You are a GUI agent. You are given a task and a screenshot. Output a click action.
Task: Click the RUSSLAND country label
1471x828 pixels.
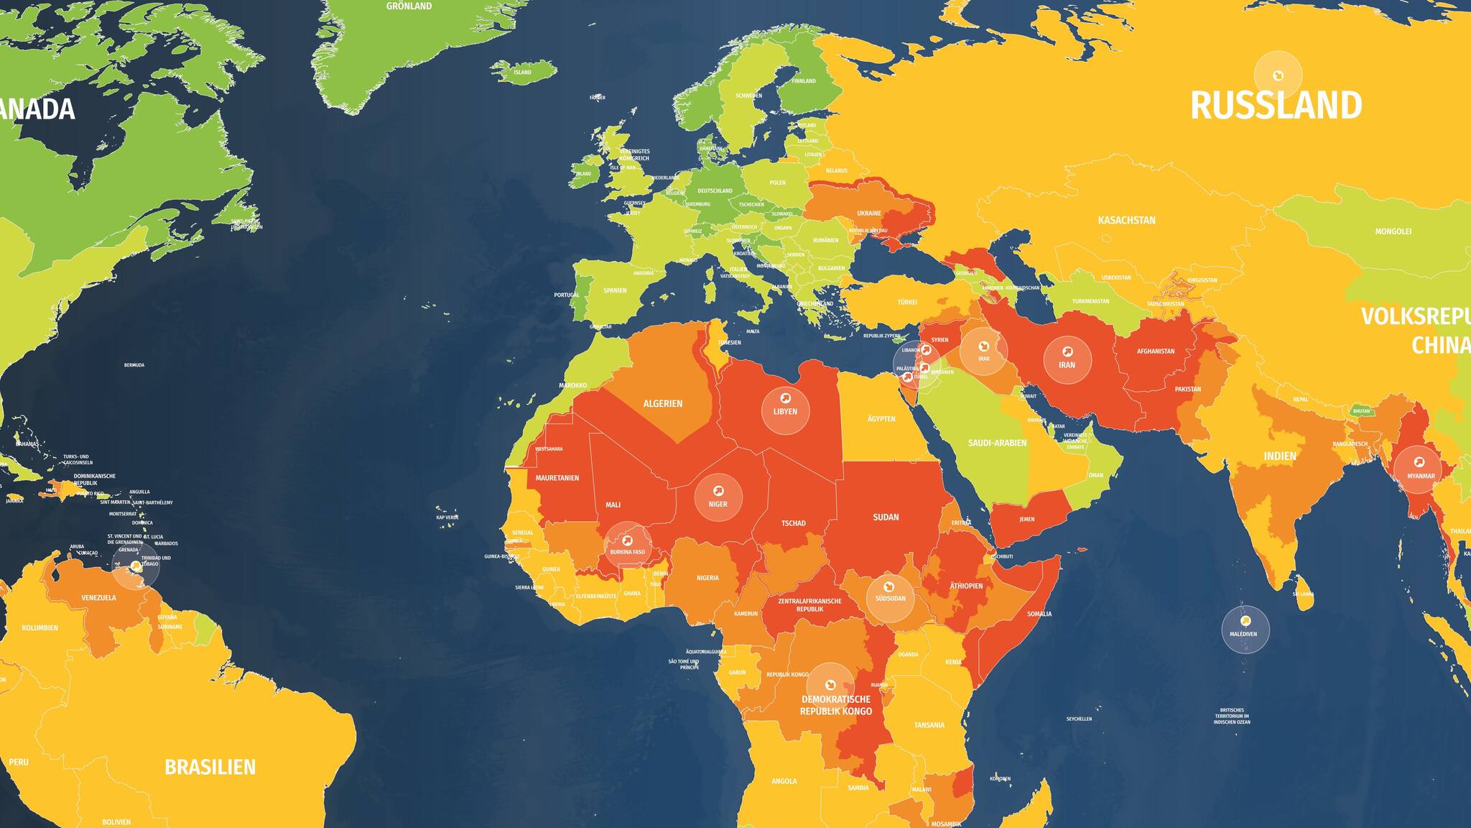pos(1276,106)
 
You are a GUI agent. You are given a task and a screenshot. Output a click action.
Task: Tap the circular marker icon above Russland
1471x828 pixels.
pos(1278,75)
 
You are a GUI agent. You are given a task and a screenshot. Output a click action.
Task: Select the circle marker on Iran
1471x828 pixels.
pos(1067,357)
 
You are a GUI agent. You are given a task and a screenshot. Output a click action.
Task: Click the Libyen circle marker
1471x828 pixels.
pos(785,404)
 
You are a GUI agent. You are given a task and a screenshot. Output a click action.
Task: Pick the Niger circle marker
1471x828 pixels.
pos(718,497)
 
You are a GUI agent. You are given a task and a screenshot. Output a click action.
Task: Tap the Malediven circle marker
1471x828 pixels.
pos(1245,628)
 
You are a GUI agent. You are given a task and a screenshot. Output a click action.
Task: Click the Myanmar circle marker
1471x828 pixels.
pos(1419,469)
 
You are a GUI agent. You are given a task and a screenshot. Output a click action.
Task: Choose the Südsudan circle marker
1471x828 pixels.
pos(890,593)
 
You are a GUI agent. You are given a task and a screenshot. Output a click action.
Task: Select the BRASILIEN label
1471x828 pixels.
pos(210,767)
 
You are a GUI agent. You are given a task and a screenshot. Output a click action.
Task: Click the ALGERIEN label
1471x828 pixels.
pos(662,403)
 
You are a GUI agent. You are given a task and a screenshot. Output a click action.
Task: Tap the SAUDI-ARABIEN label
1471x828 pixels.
pos(997,443)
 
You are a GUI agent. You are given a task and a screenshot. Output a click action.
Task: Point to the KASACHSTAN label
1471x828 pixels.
pos(1126,220)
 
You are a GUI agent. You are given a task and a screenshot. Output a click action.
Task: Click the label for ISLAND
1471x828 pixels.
pos(522,73)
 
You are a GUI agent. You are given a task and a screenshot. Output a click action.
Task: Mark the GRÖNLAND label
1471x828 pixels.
pos(409,6)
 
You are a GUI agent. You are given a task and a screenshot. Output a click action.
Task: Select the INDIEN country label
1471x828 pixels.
pos(1280,456)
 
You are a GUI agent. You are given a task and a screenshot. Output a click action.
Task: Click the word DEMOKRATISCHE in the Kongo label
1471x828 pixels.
pos(835,699)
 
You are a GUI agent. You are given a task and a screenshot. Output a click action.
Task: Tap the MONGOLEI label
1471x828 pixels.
pos(1393,231)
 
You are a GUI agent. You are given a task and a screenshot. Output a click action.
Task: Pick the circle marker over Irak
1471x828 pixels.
pos(983,351)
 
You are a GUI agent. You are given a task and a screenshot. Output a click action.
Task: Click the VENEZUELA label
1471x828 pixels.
pos(98,597)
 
